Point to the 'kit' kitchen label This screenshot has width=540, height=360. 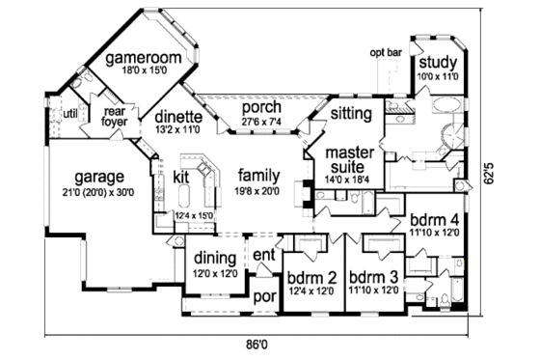pos(180,177)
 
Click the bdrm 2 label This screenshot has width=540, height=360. pos(310,280)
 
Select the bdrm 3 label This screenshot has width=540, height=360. pos(375,280)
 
